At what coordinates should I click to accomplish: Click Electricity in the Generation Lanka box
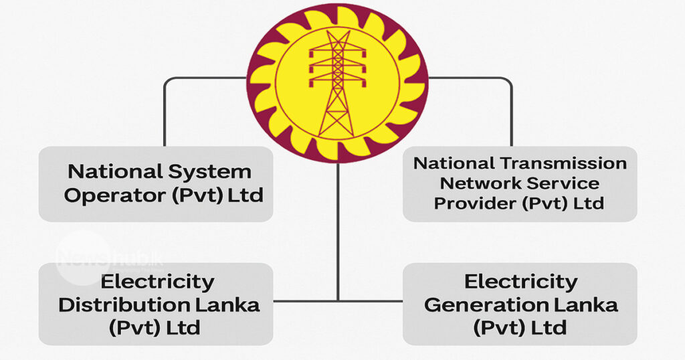[520, 282]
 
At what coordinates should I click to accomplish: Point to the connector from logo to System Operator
[165, 107]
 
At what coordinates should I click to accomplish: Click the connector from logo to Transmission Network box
[511, 107]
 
